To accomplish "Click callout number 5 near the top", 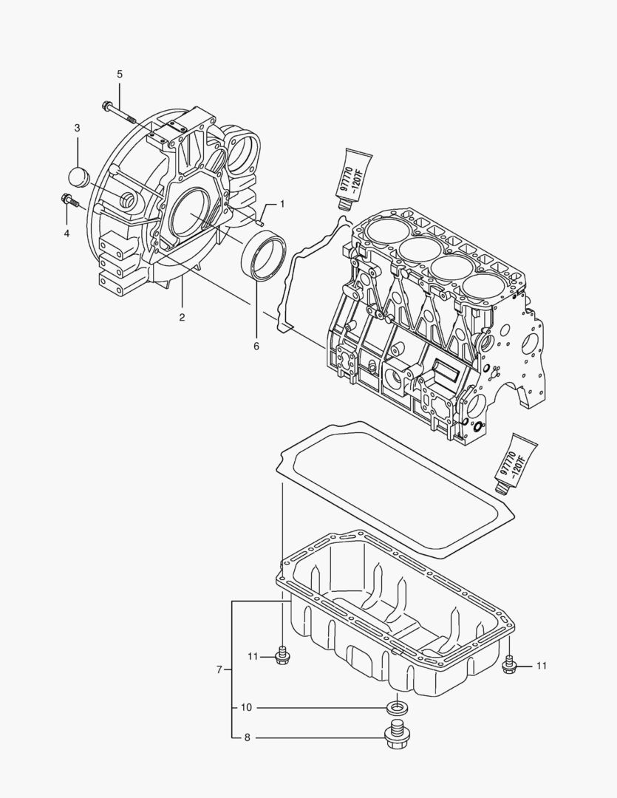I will click(x=119, y=74).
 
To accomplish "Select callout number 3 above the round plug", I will click(x=76, y=129).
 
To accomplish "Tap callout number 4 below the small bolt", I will click(x=67, y=233).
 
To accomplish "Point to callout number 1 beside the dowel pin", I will click(x=281, y=203).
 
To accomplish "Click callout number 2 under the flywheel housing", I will click(x=182, y=317).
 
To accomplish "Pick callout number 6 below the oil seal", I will click(x=256, y=345).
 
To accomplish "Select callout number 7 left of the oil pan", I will click(x=219, y=669).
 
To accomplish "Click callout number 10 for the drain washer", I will click(x=246, y=707).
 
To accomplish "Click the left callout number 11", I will click(x=253, y=656).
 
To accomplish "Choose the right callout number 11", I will click(x=541, y=666).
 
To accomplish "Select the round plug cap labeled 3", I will click(x=78, y=178).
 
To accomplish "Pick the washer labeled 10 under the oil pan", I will click(x=397, y=708).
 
